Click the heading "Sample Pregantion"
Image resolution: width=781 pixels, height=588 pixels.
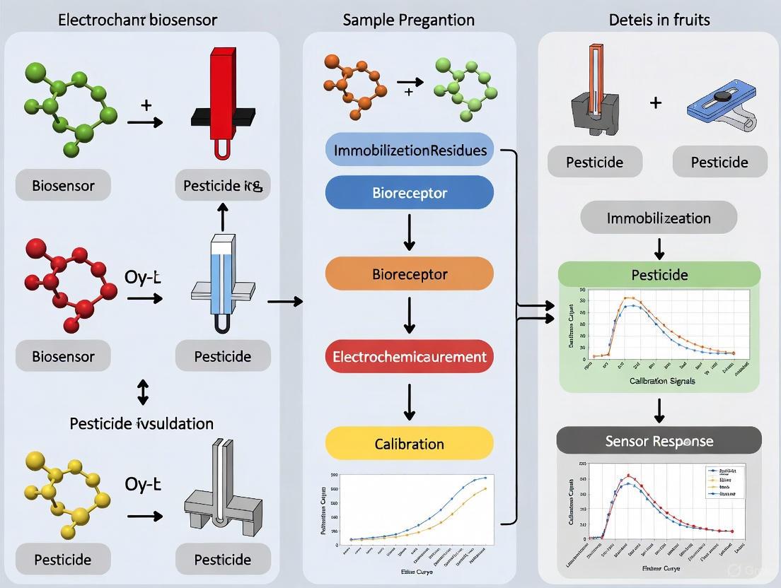click(408, 20)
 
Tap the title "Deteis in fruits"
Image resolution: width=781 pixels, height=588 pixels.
click(659, 20)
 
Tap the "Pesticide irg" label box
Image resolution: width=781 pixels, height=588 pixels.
click(222, 186)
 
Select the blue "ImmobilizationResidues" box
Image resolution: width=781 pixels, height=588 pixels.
click(410, 150)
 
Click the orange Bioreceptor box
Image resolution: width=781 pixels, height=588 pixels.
click(410, 274)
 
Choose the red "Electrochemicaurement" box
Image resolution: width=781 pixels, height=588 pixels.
click(410, 356)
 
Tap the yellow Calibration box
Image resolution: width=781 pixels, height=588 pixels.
click(410, 444)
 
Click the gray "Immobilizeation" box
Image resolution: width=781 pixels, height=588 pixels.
click(659, 218)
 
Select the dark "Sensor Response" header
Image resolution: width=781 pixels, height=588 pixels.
click(659, 441)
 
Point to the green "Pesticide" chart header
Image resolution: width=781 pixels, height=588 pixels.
click(659, 274)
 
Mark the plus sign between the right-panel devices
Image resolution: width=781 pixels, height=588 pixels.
click(656, 103)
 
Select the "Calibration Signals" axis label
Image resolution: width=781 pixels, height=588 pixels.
click(661, 381)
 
